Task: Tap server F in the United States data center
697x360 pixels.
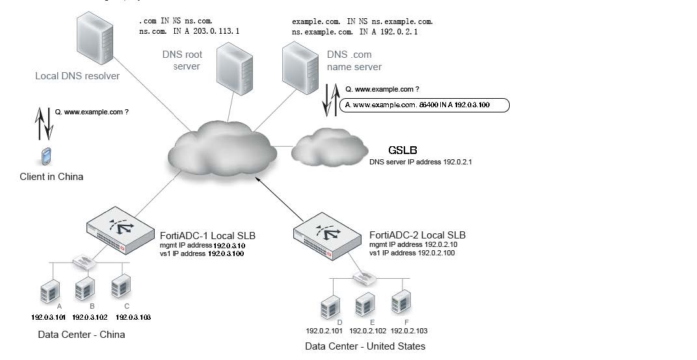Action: tap(399, 303)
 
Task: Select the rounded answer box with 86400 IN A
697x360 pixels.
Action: tap(425, 105)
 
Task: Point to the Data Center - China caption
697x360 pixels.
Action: tap(81, 335)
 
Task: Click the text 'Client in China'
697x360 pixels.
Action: tap(51, 177)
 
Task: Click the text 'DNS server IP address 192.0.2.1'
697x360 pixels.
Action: tap(420, 162)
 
